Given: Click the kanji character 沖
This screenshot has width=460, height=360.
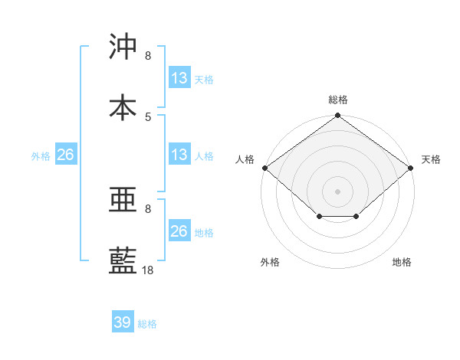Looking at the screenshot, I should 123,47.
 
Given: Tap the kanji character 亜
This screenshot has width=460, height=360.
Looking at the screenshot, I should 123,201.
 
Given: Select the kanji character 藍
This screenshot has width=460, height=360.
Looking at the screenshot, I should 123,261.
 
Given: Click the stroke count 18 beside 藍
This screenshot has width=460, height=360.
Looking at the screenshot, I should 148,270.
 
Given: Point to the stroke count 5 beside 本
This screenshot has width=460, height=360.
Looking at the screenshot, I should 148,116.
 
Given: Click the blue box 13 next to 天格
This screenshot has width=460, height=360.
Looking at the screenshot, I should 179,78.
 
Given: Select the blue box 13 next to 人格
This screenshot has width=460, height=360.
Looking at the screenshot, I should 179,155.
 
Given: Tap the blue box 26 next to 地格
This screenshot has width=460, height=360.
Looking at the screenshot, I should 179,231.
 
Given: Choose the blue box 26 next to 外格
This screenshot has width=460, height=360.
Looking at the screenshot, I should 65,155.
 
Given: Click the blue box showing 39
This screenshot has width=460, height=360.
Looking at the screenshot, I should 123,322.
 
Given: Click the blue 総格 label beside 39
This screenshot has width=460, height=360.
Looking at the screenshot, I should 148,324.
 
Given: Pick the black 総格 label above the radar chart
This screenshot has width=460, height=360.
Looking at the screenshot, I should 338,100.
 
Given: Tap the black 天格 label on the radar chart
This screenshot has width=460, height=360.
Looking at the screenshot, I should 431,159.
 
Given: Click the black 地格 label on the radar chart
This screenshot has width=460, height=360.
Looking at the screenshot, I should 402,262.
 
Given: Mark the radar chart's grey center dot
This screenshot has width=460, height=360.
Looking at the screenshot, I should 338,191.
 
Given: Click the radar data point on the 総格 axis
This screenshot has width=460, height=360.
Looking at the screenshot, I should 338,116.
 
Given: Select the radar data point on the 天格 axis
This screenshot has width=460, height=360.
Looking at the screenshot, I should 412,168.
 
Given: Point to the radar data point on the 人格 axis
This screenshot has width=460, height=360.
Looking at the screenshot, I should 264,168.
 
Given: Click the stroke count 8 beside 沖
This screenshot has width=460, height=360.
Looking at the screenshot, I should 148,56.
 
